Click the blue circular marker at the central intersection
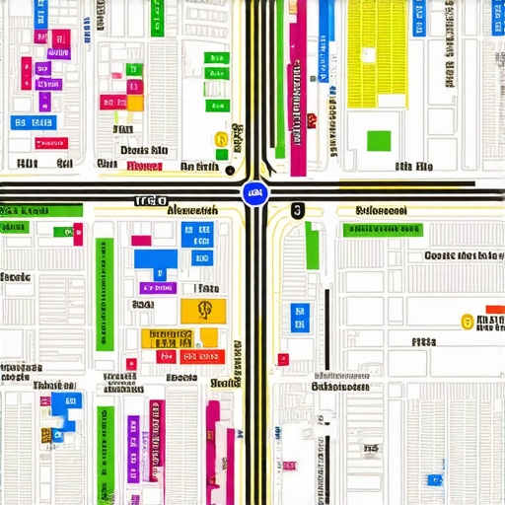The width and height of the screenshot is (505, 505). point(255,193)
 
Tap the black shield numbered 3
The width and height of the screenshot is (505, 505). point(298,210)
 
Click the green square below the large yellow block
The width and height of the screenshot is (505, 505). point(379,140)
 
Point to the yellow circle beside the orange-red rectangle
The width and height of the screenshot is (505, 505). point(468,321)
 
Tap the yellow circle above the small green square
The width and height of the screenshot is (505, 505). point(221,140)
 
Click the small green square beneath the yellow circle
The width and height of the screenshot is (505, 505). point(222,155)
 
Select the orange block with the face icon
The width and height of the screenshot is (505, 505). point(204,311)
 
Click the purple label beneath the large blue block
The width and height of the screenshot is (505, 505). point(158,288)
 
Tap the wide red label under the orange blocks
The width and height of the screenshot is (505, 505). point(202,357)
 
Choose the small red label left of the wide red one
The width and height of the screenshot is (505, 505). point(167,357)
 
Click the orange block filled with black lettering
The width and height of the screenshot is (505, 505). point(166,337)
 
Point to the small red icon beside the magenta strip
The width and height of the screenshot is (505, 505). point(312,121)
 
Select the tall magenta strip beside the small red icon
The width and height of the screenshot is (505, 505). point(298,89)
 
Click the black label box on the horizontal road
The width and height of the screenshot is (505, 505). point(150,200)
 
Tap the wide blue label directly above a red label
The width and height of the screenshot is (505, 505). point(33,122)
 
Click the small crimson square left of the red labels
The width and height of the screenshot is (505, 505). point(131,363)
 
